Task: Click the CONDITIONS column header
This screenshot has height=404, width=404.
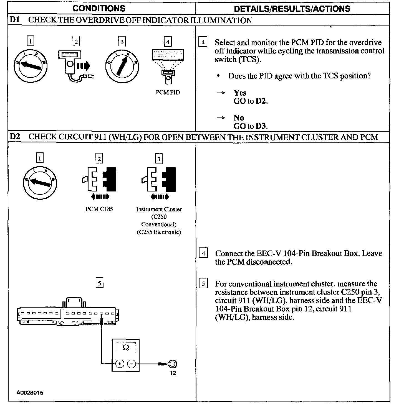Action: [99, 8]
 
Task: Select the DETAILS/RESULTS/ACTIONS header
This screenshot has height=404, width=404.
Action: [292, 9]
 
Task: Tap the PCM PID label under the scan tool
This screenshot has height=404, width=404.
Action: [168, 92]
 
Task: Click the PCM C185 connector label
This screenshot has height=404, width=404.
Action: [99, 209]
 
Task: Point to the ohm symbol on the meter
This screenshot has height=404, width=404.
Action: [126, 347]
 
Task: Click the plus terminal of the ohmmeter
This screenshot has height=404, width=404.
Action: [120, 364]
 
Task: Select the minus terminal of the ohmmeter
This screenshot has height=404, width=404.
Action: [132, 364]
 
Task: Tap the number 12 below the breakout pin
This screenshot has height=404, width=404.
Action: [173, 373]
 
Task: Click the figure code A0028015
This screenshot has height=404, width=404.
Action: [30, 393]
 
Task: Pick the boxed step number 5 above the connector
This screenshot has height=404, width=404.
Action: [99, 283]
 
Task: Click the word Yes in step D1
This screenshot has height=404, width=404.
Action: [240, 93]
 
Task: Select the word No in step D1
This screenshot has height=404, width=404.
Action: [239, 117]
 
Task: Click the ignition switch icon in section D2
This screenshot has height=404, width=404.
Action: [40, 183]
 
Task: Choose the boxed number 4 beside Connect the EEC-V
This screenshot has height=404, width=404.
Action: [203, 253]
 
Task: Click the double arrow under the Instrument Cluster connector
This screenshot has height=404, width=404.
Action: [159, 197]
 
